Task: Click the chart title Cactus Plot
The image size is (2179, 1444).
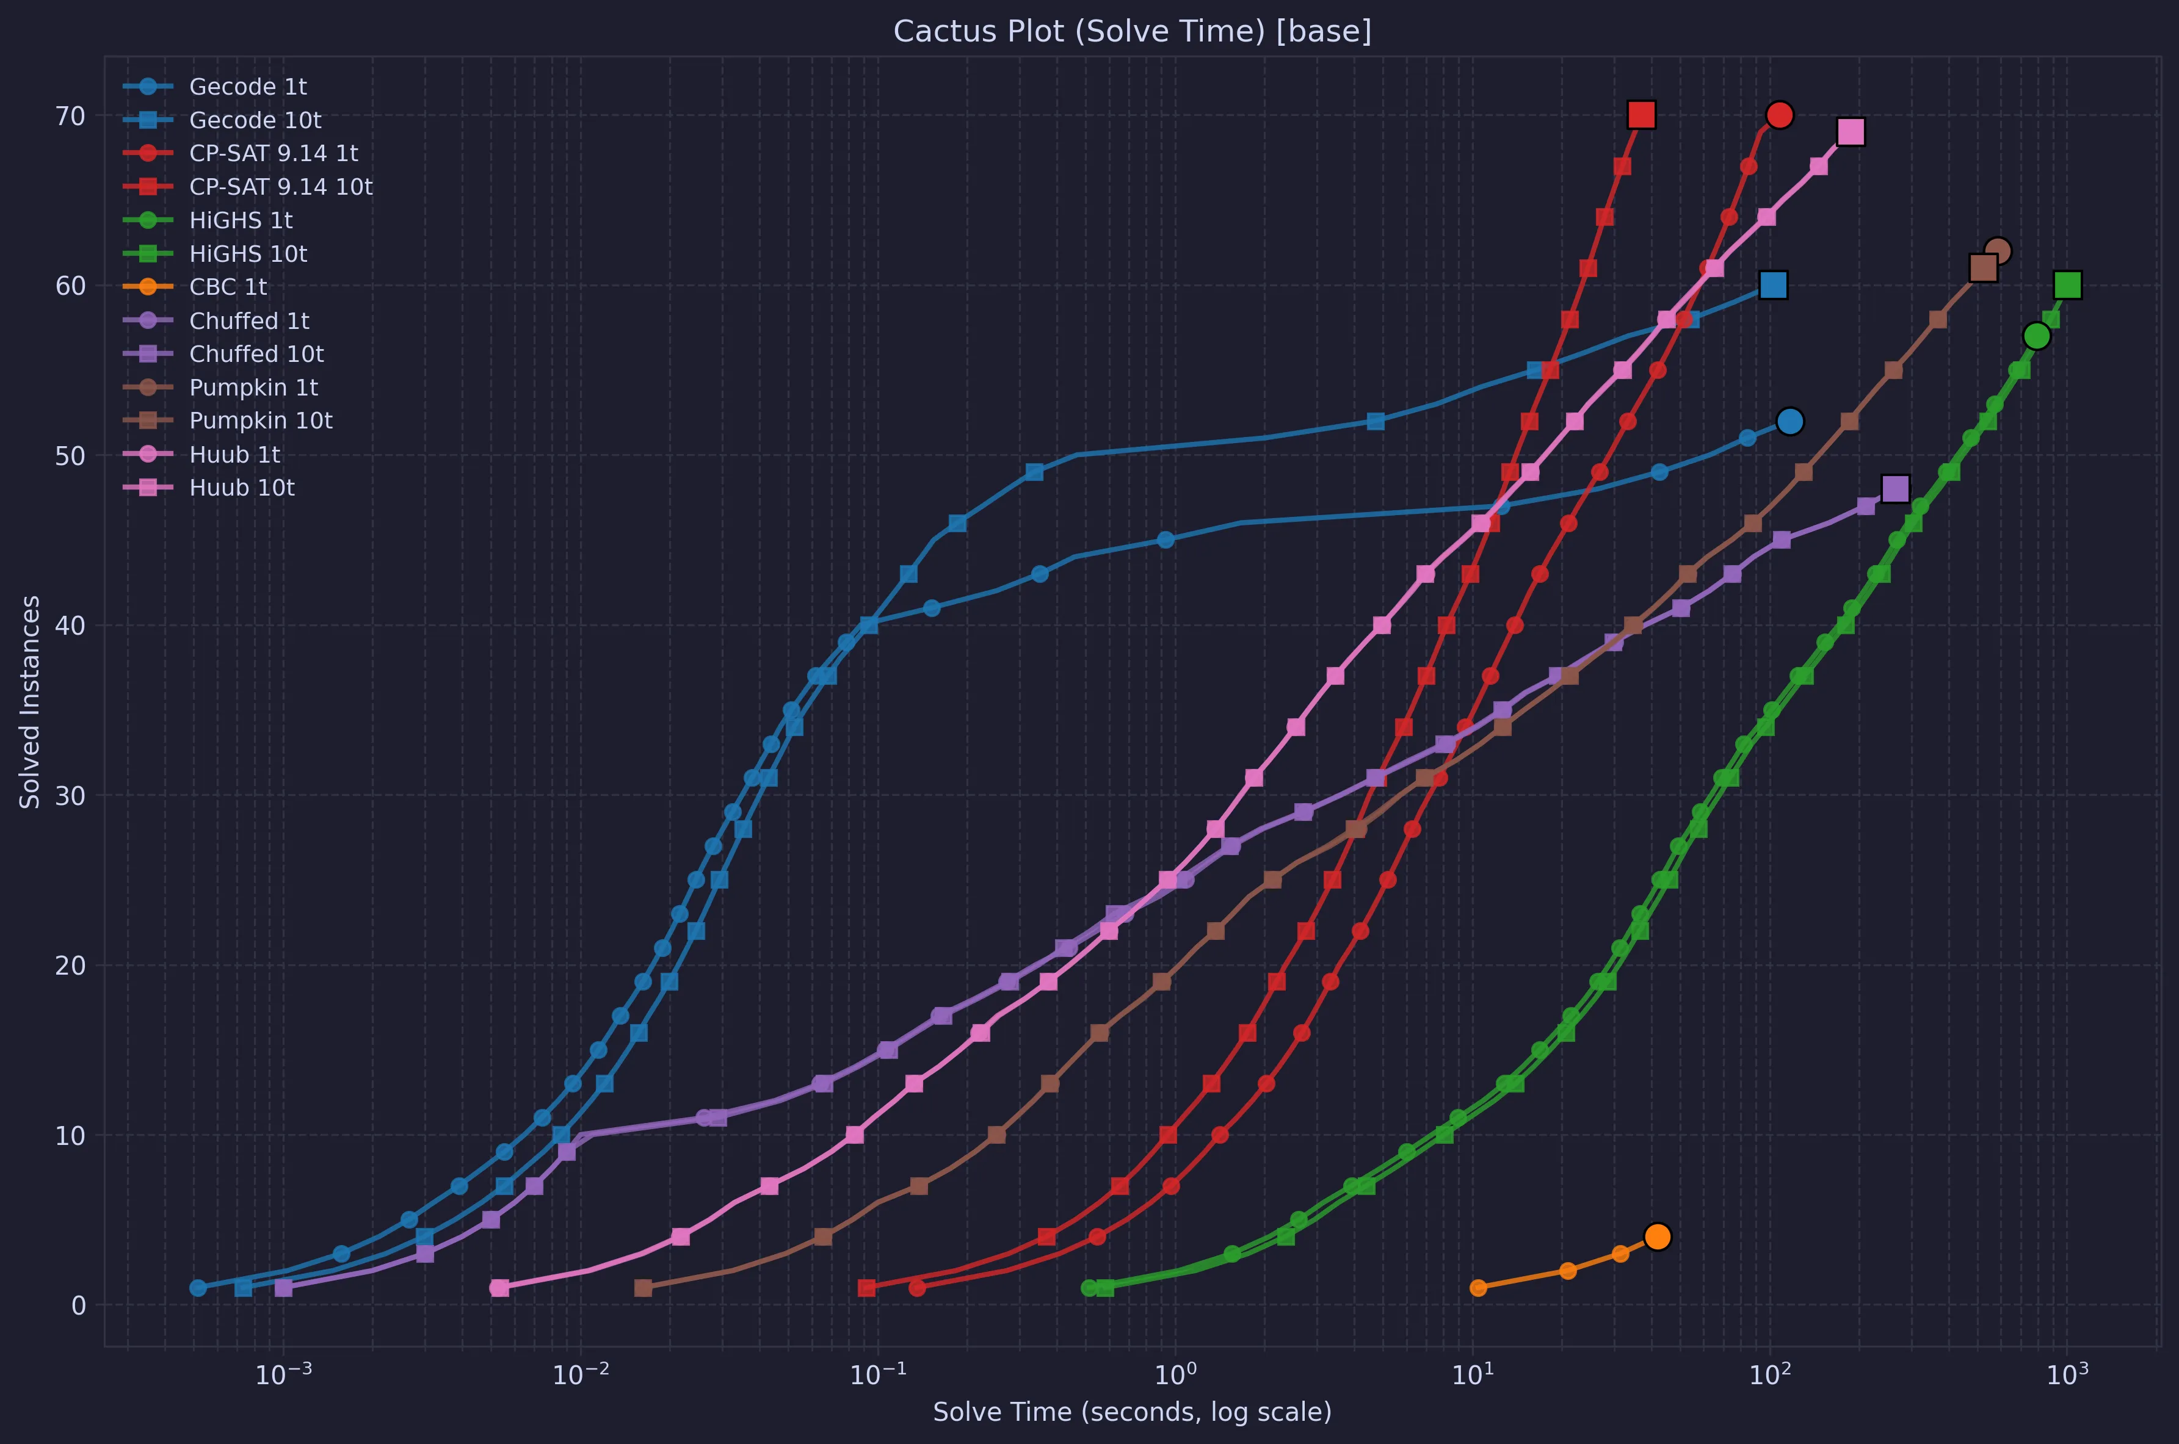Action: (1132, 31)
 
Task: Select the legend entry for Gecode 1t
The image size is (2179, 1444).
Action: (248, 87)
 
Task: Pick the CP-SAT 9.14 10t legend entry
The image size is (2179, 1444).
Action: (280, 187)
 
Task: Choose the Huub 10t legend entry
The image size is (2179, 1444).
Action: (241, 488)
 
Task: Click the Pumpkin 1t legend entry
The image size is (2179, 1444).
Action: (253, 388)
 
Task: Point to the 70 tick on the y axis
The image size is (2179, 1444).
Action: (74, 116)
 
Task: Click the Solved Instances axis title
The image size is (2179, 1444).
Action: (31, 702)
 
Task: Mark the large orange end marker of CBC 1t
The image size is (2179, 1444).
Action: (1658, 1236)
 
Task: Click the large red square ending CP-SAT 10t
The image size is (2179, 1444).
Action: (1641, 115)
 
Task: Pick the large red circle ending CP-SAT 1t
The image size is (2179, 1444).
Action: (1779, 115)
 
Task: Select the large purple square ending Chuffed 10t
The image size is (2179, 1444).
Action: (1895, 489)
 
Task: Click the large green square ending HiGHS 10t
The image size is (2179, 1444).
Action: (2067, 286)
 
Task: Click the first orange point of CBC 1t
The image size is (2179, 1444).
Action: (1478, 1287)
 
